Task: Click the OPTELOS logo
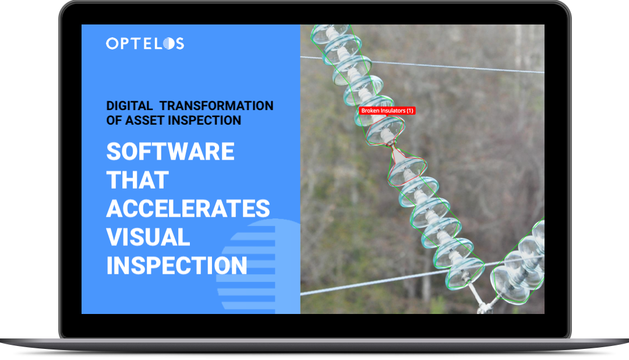[145, 43]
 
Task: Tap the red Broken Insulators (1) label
[387, 111]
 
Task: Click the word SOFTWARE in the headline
[170, 151]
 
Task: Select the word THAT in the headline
[137, 180]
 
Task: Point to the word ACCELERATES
[188, 209]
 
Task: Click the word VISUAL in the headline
[148, 237]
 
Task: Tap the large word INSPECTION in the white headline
[176, 266]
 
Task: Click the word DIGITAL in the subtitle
[129, 105]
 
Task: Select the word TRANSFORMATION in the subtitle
[216, 105]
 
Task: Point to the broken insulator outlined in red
[397, 150]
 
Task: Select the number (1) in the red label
[410, 111]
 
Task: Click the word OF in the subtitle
[114, 120]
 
